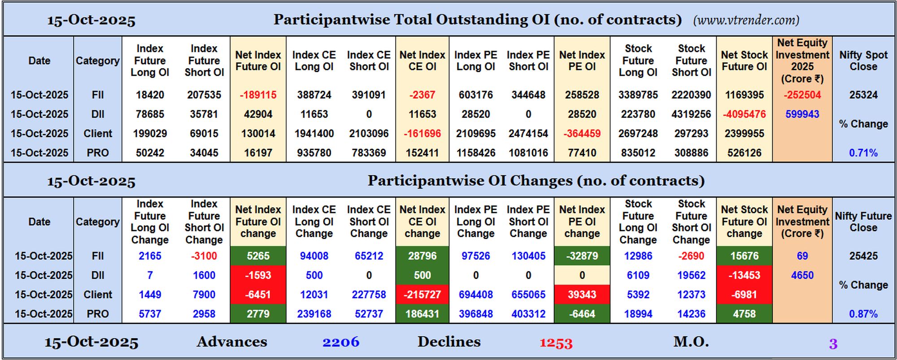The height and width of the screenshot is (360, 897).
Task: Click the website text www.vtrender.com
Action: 746,20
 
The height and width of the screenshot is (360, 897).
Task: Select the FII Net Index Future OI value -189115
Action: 258,95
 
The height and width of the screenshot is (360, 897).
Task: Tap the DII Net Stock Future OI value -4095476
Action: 744,114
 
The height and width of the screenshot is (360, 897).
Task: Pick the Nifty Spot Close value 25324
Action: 863,95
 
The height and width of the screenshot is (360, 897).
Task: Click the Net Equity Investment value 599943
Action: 802,114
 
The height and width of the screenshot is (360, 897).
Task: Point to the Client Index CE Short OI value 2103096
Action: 369,134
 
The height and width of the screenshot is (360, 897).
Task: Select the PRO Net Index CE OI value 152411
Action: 422,153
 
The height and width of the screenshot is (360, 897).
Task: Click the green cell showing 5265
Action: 258,256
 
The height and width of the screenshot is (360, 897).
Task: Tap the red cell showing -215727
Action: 422,295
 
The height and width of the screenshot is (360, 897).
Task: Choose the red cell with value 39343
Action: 582,295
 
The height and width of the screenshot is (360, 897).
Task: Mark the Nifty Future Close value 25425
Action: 863,256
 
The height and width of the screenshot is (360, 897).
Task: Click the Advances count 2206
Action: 341,343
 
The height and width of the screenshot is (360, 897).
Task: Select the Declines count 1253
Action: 556,343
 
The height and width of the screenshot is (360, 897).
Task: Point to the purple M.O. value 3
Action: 833,344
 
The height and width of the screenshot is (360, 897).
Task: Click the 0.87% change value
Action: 863,314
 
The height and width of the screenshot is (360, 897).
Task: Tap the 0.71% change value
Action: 863,153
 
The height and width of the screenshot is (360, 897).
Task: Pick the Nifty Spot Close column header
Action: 863,61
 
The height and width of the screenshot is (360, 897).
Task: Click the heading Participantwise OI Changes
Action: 536,181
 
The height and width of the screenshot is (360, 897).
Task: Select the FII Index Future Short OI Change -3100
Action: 204,256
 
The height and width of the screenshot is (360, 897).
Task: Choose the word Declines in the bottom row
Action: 449,342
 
